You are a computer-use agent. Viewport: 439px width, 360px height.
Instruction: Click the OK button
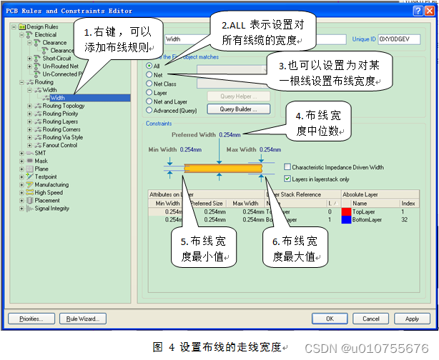coord(330,319)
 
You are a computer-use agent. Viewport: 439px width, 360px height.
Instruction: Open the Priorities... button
coord(31,319)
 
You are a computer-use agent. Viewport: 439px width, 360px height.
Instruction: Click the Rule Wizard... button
coord(83,319)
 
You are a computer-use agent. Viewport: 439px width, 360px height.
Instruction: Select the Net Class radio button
coord(149,84)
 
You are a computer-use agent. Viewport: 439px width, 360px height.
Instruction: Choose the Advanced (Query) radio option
coord(149,111)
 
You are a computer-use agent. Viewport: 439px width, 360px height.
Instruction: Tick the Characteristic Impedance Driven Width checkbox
coord(287,167)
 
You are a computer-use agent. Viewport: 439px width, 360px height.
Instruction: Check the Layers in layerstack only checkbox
coord(287,179)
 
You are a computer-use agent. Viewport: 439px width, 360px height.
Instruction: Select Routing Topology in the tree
coord(63,106)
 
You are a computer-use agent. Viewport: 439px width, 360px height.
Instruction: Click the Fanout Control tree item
coord(59,145)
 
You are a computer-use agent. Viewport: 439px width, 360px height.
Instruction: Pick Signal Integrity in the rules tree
coord(52,208)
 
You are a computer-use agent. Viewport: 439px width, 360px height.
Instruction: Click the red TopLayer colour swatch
coord(346,211)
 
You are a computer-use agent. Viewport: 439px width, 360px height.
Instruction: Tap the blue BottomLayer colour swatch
coord(346,220)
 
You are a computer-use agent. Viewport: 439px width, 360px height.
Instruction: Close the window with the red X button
coord(429,11)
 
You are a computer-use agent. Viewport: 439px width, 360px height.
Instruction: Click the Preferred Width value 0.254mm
coord(230,134)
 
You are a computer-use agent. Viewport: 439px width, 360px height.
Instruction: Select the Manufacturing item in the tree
coord(51,184)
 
